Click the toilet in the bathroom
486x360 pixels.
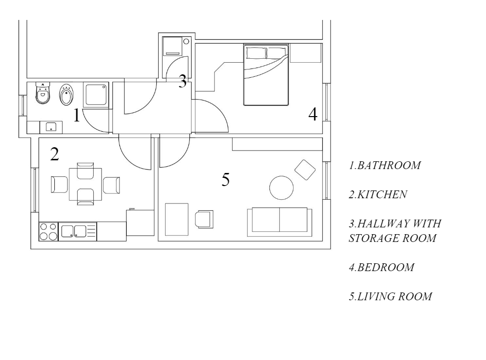43,93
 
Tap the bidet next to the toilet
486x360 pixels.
66,95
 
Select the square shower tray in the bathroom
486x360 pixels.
96,95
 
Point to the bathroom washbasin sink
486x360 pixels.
51,127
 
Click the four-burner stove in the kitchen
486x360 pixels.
49,232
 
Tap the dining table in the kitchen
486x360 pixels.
85,184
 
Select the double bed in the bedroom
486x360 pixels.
266,75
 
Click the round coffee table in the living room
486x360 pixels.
282,188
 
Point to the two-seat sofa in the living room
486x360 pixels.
280,222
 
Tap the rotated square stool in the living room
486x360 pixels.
305,170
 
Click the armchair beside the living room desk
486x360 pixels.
204,219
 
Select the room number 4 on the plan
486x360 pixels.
313,114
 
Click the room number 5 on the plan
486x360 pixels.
226,179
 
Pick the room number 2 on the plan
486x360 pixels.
54,154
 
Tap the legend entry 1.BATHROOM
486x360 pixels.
385,165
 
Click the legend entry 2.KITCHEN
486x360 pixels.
378,194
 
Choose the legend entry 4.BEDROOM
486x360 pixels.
382,267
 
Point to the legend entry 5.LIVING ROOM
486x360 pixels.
390,296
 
